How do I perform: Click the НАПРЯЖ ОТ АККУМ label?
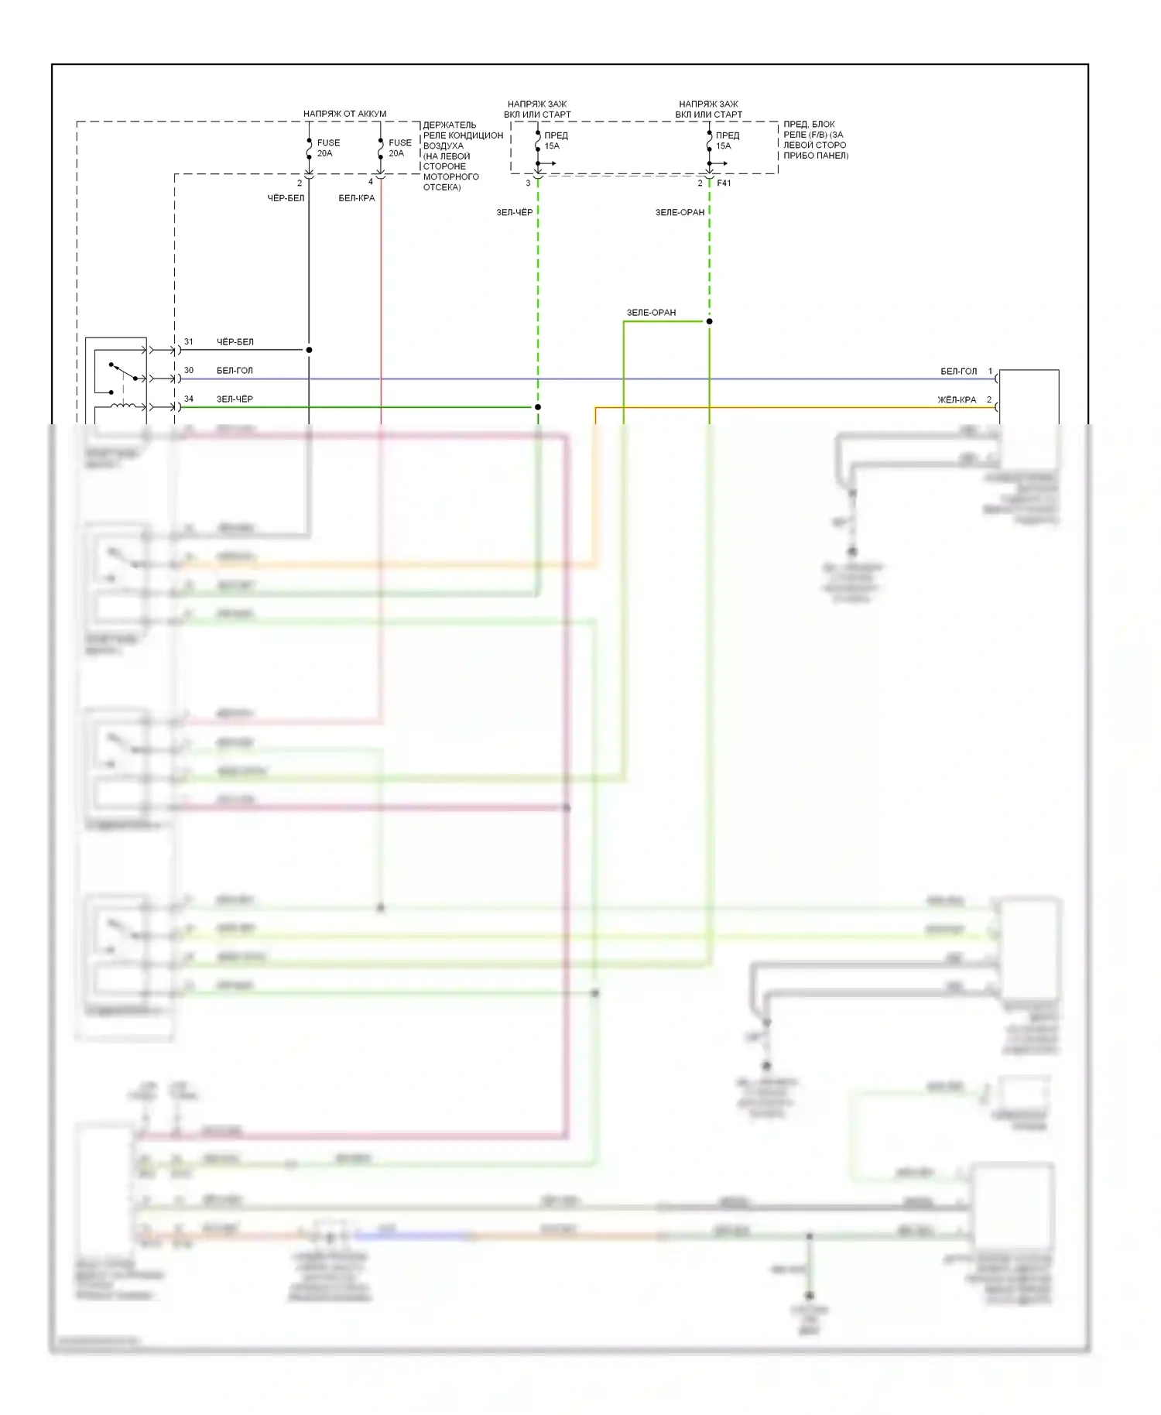tap(344, 114)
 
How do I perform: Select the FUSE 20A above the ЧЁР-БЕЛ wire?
tap(309, 148)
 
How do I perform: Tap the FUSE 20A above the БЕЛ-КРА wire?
tap(381, 148)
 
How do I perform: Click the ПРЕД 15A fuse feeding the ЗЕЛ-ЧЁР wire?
tap(538, 140)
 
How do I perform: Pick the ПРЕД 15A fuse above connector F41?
tap(709, 140)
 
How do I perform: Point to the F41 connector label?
tap(724, 183)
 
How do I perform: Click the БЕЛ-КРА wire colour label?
tap(356, 198)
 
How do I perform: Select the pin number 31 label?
tap(189, 341)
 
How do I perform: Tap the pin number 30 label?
tap(189, 370)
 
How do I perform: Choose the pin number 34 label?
tap(189, 399)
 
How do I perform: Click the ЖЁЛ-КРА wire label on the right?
tap(957, 400)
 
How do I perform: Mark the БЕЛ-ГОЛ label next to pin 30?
tap(235, 371)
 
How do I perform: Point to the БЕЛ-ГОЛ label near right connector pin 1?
tap(958, 372)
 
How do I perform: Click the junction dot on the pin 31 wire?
tap(309, 350)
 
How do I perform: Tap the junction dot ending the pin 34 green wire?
tap(538, 407)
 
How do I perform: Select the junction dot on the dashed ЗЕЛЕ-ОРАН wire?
tap(709, 321)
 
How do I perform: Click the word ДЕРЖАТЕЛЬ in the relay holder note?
tap(450, 125)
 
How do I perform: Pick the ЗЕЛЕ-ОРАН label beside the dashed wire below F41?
tap(680, 212)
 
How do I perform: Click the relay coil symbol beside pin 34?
tap(123, 406)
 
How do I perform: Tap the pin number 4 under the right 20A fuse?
tap(371, 182)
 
